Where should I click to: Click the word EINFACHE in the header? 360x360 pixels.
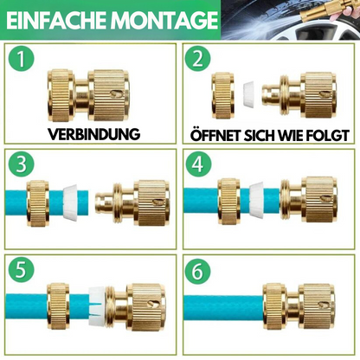pyautogui.click(x=57, y=20)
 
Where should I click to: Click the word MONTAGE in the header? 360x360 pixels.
pyautogui.click(x=164, y=20)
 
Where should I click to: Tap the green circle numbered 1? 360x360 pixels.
pyautogui.click(x=21, y=59)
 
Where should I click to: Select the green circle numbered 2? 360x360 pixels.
pyautogui.click(x=198, y=59)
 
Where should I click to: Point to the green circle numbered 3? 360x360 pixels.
pyautogui.click(x=21, y=164)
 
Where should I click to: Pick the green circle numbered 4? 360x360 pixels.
pyautogui.click(x=198, y=164)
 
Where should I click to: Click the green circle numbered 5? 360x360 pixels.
pyautogui.click(x=21, y=270)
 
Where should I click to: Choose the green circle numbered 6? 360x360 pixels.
pyautogui.click(x=198, y=271)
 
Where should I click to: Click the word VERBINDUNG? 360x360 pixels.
pyautogui.click(x=93, y=134)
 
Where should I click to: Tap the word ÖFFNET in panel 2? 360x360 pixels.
pyautogui.click(x=215, y=135)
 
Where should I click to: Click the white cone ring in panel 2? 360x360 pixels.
pyautogui.click(x=249, y=95)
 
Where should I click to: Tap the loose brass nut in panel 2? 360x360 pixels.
pyautogui.click(x=222, y=95)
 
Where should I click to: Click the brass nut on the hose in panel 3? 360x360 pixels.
pyautogui.click(x=38, y=203)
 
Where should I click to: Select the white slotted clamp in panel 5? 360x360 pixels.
pyautogui.click(x=97, y=306)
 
